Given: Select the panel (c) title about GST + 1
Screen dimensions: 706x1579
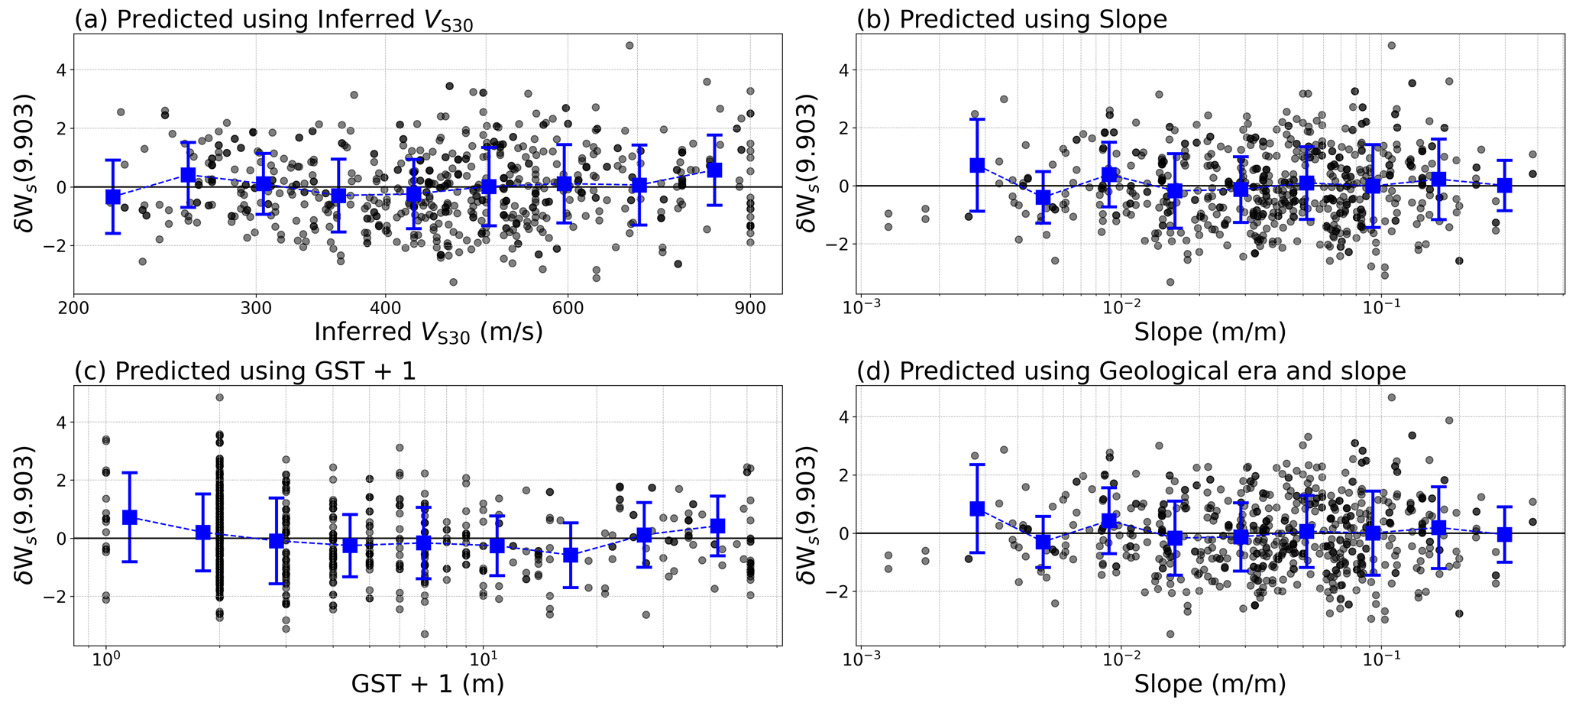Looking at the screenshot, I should (x=245, y=371).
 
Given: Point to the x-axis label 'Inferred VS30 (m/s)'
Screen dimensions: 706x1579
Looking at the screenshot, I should (x=428, y=332).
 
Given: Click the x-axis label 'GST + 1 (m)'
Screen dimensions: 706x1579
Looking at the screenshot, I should (x=428, y=683).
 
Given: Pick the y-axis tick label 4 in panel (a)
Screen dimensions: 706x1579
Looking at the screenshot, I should (x=60, y=70).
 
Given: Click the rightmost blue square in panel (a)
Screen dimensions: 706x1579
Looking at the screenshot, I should (x=714, y=170).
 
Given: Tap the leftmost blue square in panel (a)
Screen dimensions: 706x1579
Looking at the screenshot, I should (x=113, y=197).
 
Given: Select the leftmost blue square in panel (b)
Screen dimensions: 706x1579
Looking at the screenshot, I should (x=977, y=165).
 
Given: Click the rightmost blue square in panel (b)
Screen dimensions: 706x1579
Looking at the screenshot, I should (x=1504, y=185).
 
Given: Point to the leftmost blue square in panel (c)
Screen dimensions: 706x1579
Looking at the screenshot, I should (x=130, y=517).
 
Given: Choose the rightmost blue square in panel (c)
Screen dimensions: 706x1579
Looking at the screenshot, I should (x=717, y=526).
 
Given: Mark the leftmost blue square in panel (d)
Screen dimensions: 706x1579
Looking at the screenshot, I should (x=977, y=508).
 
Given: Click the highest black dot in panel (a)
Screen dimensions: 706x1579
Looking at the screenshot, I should (x=629, y=46).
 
